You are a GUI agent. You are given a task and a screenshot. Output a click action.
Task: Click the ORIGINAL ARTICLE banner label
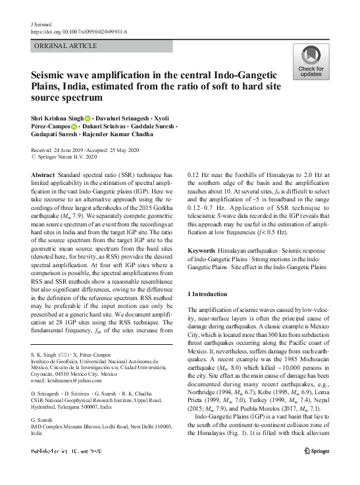click(63, 46)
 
